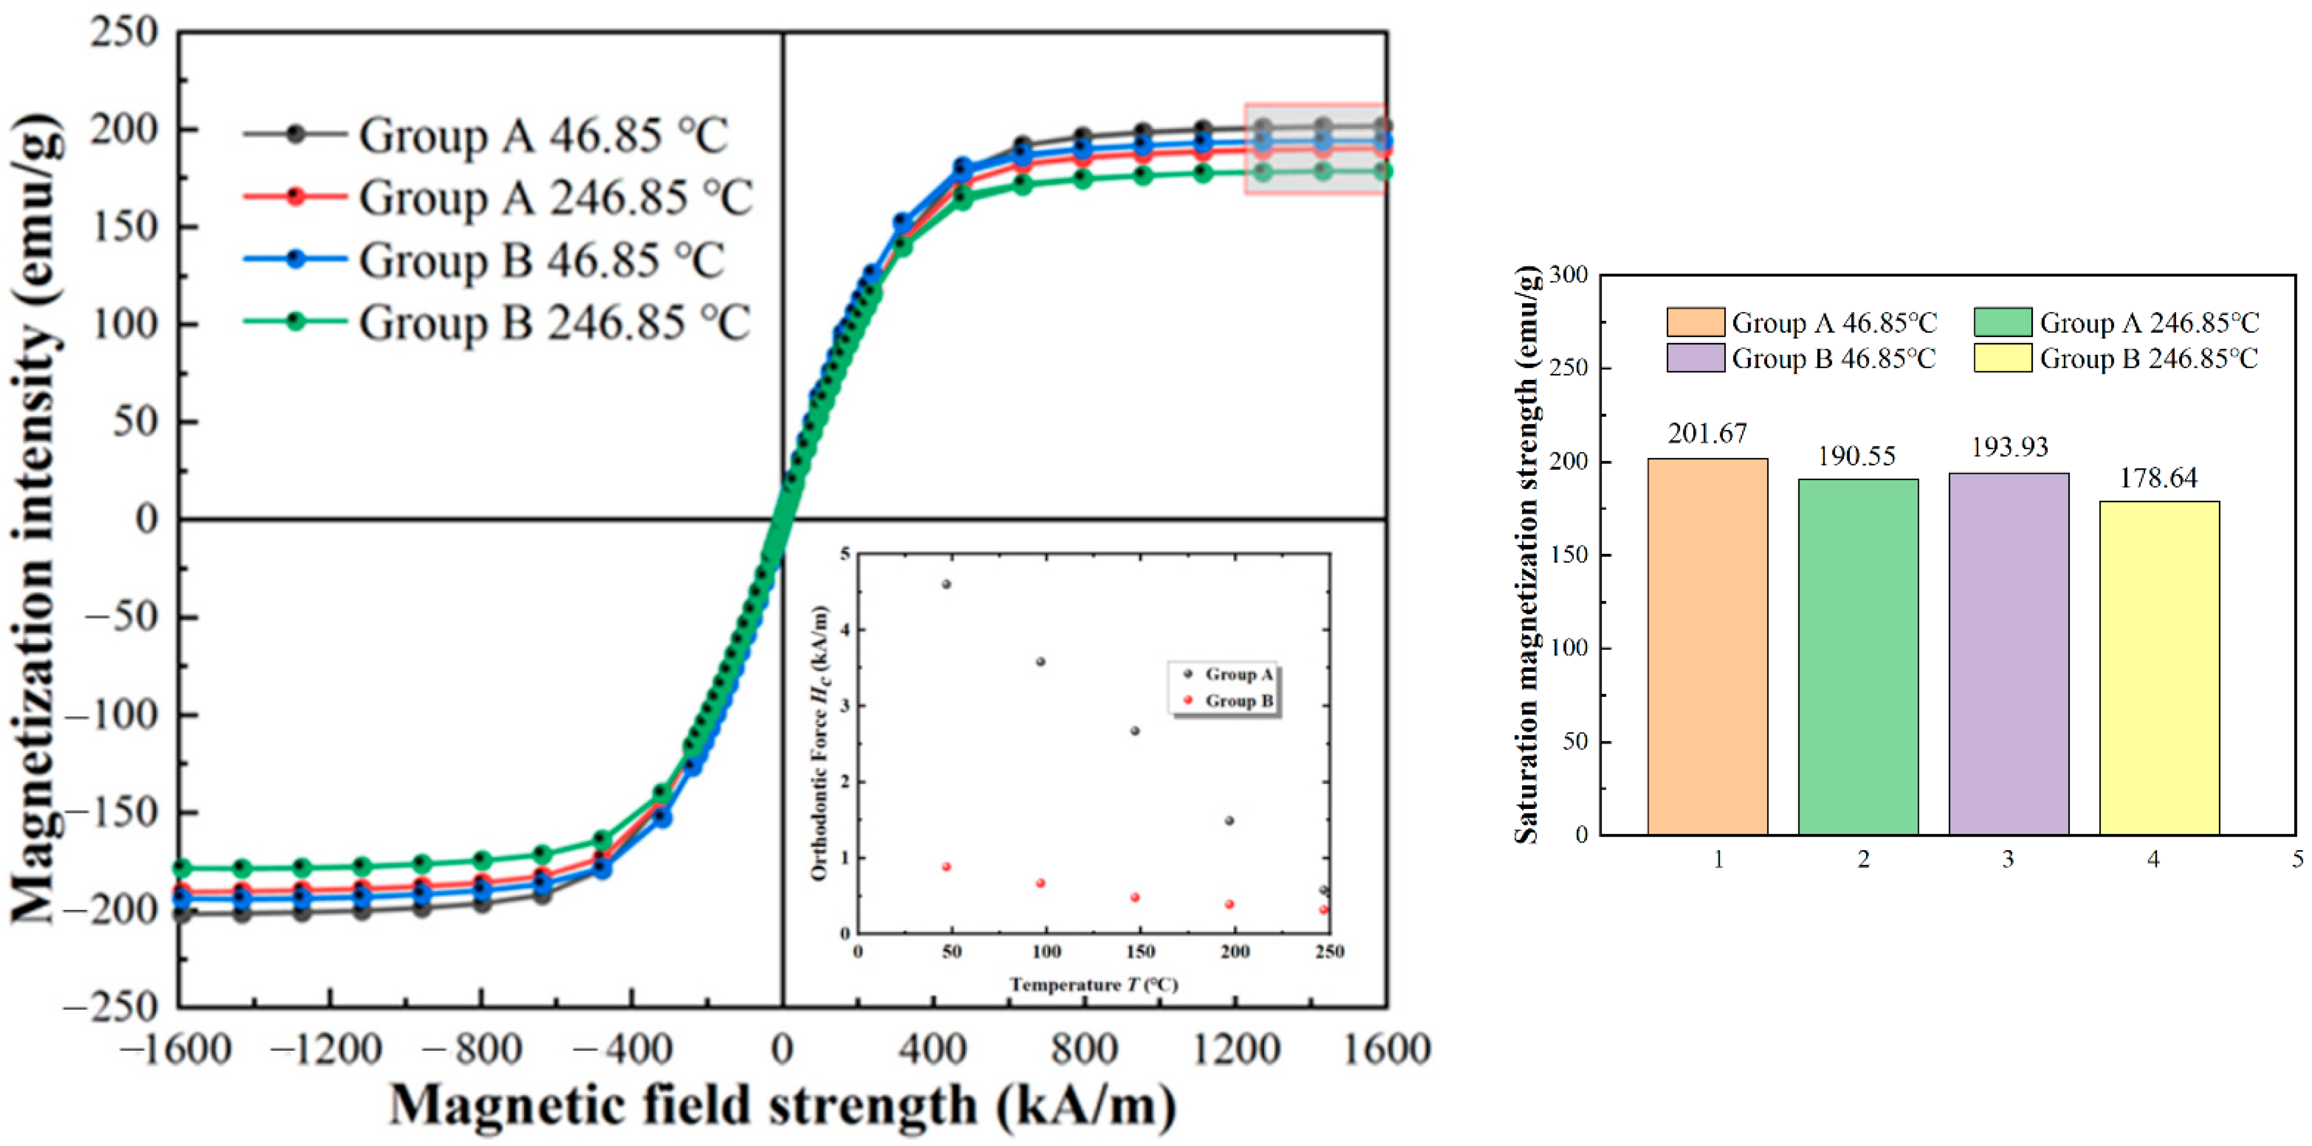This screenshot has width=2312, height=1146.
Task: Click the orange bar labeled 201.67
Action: coord(1707,646)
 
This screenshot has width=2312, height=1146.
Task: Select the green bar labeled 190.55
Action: coord(1858,657)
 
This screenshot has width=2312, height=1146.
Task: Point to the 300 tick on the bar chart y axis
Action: coord(1568,275)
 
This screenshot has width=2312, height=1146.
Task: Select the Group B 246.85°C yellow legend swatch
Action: coord(2003,358)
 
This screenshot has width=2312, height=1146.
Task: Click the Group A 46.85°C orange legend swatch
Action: coord(1695,322)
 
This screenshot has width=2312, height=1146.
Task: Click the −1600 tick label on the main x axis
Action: coord(176,1048)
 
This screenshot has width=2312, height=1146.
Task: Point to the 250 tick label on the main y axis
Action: coord(124,33)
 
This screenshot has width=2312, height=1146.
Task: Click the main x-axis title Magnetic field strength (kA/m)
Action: coord(782,1105)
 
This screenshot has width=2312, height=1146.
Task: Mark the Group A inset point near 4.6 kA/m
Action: coord(946,584)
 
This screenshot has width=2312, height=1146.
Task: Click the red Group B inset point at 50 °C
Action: coord(946,867)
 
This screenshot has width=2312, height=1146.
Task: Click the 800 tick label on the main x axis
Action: coord(1083,1048)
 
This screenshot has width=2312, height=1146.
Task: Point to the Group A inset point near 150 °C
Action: coord(1135,730)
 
